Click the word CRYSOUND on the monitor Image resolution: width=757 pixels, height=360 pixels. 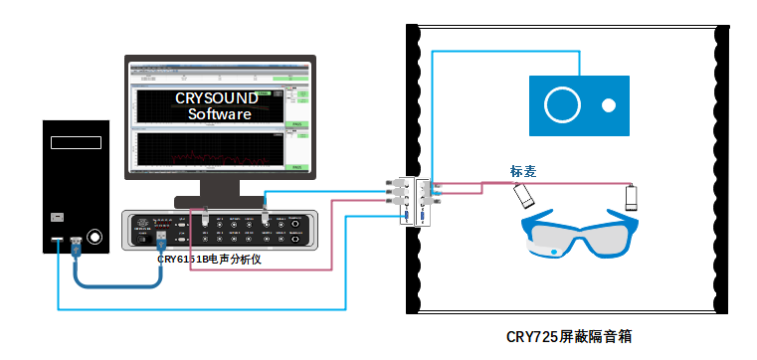coord(217,98)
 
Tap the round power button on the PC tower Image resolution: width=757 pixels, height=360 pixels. coord(95,238)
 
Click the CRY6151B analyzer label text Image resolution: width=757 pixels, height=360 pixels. coord(209,259)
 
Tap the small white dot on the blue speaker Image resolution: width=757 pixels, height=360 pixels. coord(608,103)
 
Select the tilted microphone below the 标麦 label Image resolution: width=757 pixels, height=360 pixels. coord(524,197)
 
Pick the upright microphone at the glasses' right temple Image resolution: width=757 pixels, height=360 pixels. coord(630,197)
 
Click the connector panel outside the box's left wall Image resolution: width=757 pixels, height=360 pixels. coord(405,199)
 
